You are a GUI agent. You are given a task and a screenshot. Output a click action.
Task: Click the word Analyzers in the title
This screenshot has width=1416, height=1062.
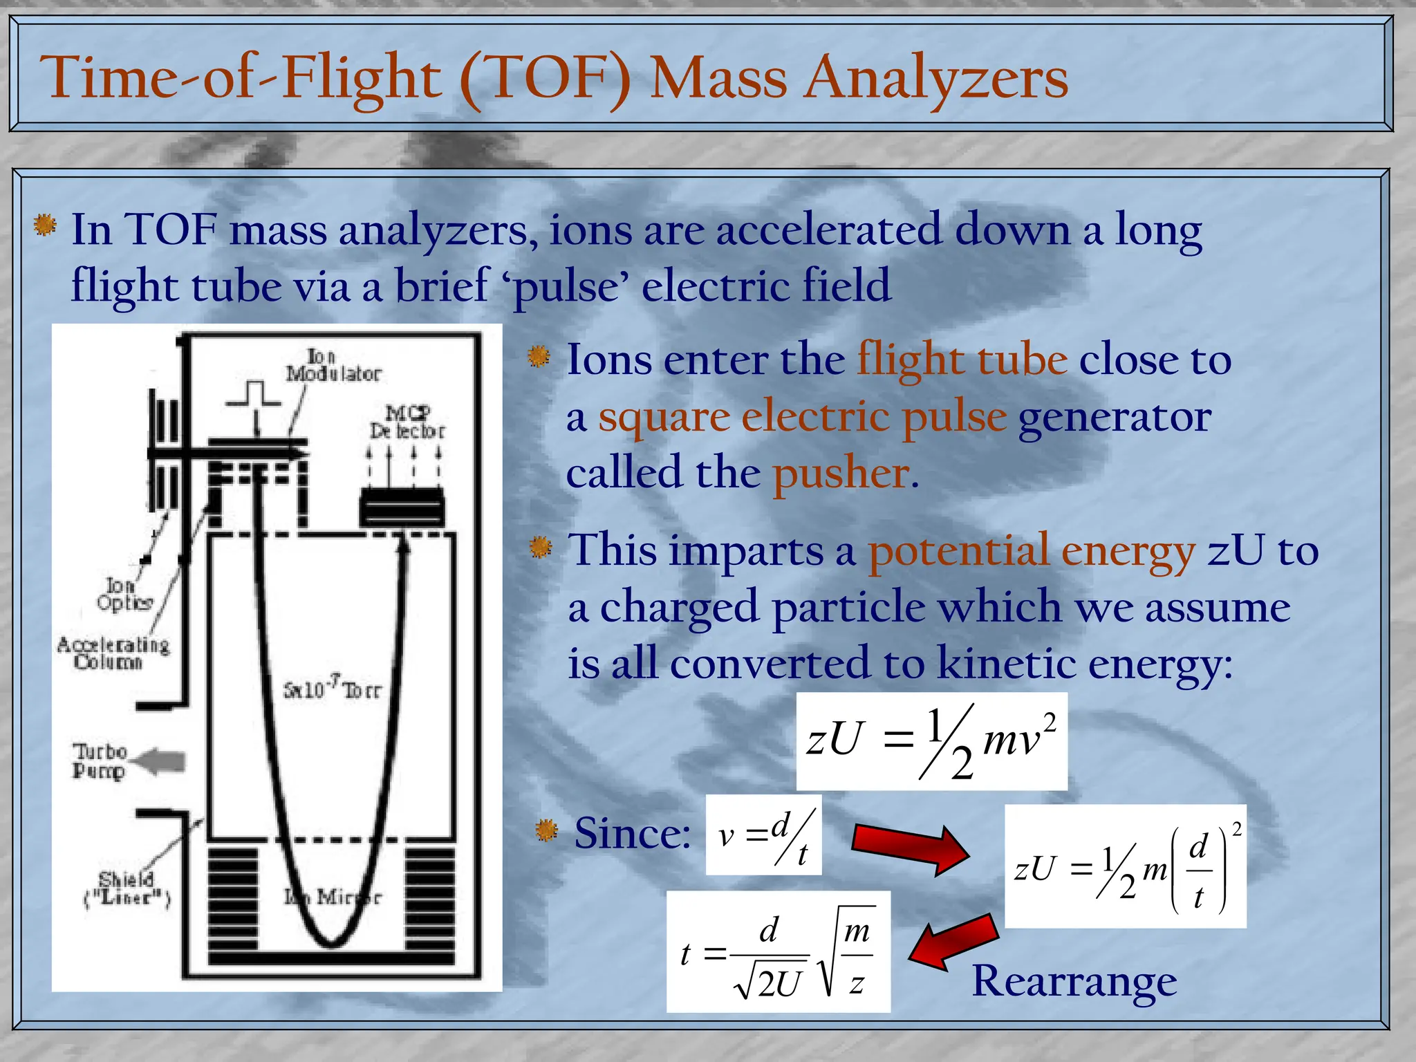[x=937, y=78]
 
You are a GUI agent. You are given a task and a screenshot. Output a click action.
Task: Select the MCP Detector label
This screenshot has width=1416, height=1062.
[x=407, y=422]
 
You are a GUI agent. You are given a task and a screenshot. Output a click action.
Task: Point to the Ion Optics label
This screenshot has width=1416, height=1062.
[x=124, y=595]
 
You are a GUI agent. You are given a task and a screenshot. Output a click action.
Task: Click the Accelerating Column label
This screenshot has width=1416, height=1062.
[x=113, y=653]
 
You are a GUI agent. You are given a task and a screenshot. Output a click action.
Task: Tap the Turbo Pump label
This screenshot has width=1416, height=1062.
[x=100, y=761]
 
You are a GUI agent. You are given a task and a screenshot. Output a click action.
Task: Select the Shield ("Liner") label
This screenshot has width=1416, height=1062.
[x=127, y=888]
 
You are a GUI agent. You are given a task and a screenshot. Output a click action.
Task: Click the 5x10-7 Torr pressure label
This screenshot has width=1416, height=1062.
[x=332, y=689]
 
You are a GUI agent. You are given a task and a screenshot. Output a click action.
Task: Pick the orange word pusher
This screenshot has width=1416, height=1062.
[x=845, y=474]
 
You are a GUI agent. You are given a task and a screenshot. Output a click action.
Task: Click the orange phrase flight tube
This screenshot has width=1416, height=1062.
[x=962, y=360]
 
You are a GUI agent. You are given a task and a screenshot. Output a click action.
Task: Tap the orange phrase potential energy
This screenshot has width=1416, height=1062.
[x=1032, y=551]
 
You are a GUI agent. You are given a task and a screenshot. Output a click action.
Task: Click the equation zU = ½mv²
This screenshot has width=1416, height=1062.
[x=931, y=741]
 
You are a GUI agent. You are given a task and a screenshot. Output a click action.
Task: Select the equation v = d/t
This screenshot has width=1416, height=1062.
[x=763, y=835]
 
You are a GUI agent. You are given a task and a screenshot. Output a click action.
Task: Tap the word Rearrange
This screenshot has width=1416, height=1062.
[x=1074, y=980]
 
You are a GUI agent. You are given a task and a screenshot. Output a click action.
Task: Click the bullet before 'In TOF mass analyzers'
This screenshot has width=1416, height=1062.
[x=45, y=225]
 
